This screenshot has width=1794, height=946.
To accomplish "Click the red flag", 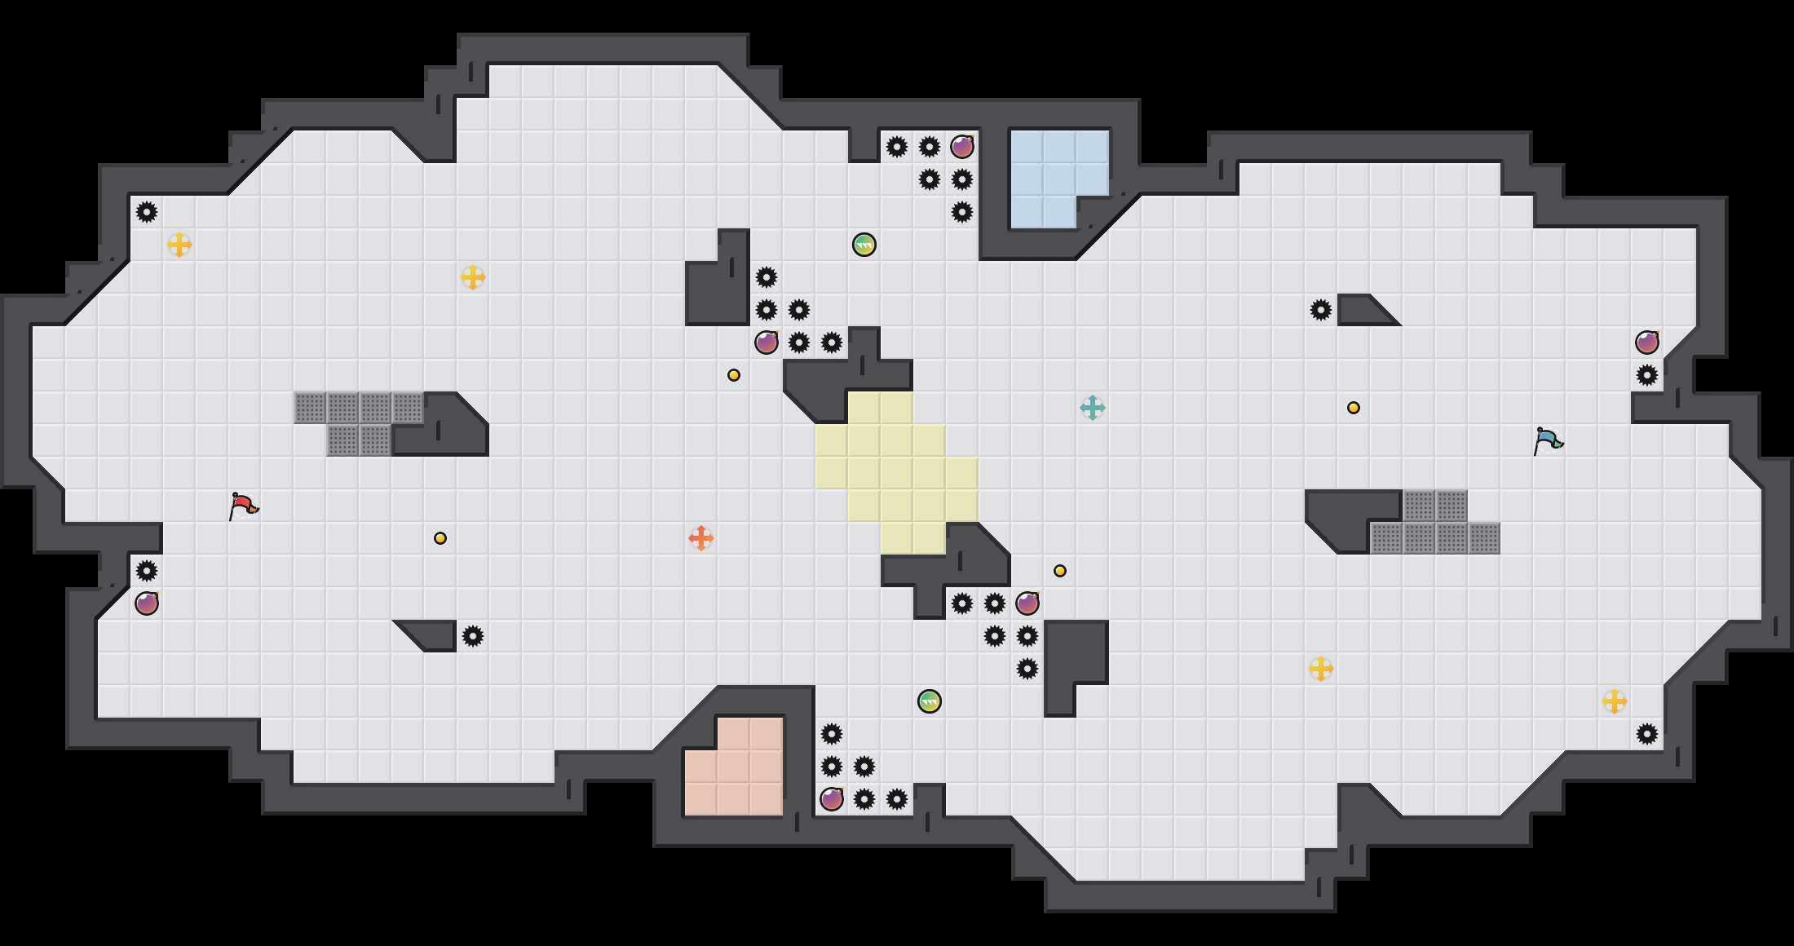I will [x=243, y=506].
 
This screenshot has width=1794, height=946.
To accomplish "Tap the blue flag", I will [x=1548, y=440].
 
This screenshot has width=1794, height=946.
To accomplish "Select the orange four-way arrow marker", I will [x=701, y=538].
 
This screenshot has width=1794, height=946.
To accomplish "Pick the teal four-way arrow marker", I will [x=1093, y=408].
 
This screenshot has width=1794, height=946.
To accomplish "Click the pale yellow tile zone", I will [x=897, y=473].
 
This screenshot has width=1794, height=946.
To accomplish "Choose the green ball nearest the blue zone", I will [x=864, y=245].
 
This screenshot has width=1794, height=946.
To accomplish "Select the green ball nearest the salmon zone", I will [x=930, y=701].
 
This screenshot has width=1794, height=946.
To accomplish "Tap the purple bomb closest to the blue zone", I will [x=962, y=147].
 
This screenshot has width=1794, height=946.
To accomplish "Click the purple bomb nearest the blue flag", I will [x=1647, y=343].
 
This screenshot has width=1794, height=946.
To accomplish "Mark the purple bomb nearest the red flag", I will [x=147, y=603].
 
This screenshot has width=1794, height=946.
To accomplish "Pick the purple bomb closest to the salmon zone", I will [x=832, y=799].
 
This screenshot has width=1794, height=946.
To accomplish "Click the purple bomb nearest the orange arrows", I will [x=767, y=343].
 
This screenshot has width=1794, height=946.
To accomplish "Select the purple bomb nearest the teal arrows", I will [x=1027, y=603].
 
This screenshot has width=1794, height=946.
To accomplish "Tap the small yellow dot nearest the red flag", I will [x=440, y=538].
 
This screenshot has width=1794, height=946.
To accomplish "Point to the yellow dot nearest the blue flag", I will [x=1354, y=408].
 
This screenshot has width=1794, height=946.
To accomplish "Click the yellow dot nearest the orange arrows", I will [x=734, y=375].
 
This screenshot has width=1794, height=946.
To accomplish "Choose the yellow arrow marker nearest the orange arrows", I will [x=473, y=277].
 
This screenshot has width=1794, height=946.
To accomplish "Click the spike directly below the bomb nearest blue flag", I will [x=1647, y=375].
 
